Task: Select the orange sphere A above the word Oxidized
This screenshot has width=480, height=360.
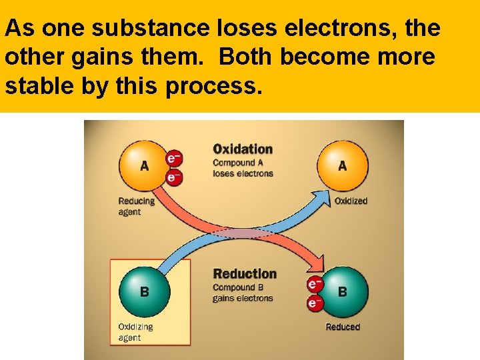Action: pyautogui.click(x=342, y=165)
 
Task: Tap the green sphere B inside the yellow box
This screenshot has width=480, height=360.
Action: pyautogui.click(x=144, y=291)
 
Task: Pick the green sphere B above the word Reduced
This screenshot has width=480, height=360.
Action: pyautogui.click(x=342, y=291)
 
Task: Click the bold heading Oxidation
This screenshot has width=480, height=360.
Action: pyautogui.click(x=243, y=149)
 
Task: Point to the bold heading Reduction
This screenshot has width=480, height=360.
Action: pyautogui.click(x=244, y=274)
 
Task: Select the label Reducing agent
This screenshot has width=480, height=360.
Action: pyautogui.click(x=136, y=206)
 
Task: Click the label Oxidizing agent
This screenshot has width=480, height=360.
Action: pyautogui.click(x=135, y=332)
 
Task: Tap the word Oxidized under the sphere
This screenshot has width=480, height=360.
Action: pyautogui.click(x=350, y=201)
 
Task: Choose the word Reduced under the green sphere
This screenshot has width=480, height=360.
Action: pyautogui.click(x=343, y=327)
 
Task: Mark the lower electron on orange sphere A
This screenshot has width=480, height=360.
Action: pyautogui.click(x=173, y=177)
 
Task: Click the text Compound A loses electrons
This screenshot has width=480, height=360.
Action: pyautogui.click(x=243, y=168)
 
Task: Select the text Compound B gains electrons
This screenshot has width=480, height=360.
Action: pyautogui.click(x=243, y=293)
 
